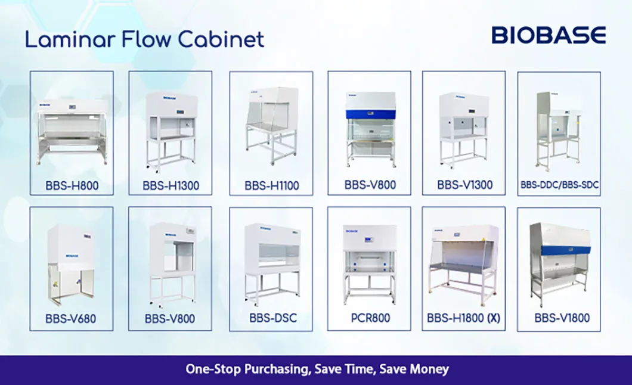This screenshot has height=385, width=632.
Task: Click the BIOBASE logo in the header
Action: point(549,35)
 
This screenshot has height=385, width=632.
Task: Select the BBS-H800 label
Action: point(72,185)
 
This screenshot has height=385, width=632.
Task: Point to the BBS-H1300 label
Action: point(170,185)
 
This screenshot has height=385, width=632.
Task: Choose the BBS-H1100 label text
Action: point(271,185)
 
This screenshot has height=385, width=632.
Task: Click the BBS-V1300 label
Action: point(464,185)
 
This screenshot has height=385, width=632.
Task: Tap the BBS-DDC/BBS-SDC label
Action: point(559,185)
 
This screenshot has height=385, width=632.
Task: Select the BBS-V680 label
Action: point(72,319)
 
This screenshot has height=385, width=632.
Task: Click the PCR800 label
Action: point(369,318)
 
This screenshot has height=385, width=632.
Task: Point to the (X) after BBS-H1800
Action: point(494,318)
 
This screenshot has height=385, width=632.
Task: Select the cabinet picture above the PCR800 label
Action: point(369,262)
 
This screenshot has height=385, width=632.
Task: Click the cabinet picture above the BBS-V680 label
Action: point(70,262)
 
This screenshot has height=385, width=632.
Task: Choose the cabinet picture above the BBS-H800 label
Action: point(72,128)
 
